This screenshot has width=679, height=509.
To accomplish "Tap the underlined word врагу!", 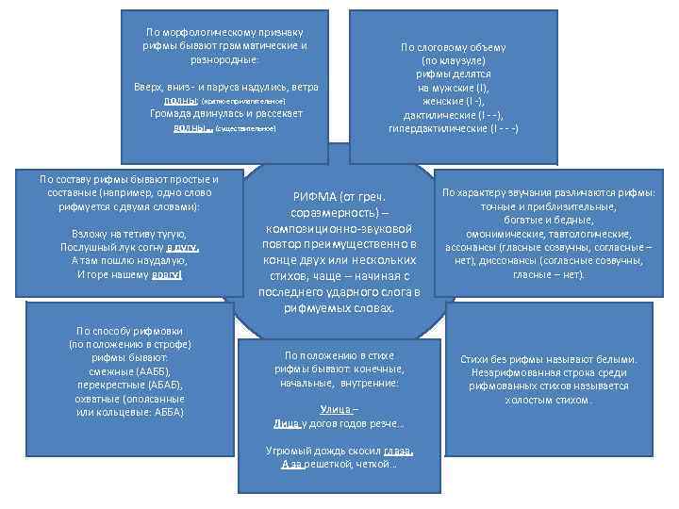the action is point(166,274).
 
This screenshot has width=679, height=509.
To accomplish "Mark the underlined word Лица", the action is point(288,424).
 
